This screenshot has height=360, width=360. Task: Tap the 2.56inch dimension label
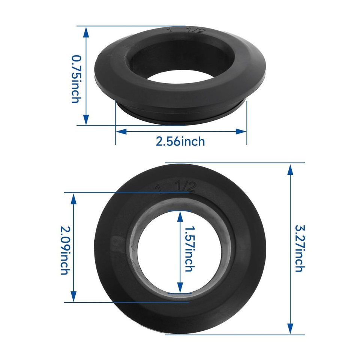pos(180,141)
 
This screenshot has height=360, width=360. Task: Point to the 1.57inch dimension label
pos(189,249)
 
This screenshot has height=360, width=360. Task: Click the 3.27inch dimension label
pos(299,248)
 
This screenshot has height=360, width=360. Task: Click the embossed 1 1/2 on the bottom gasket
pos(176,187)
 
